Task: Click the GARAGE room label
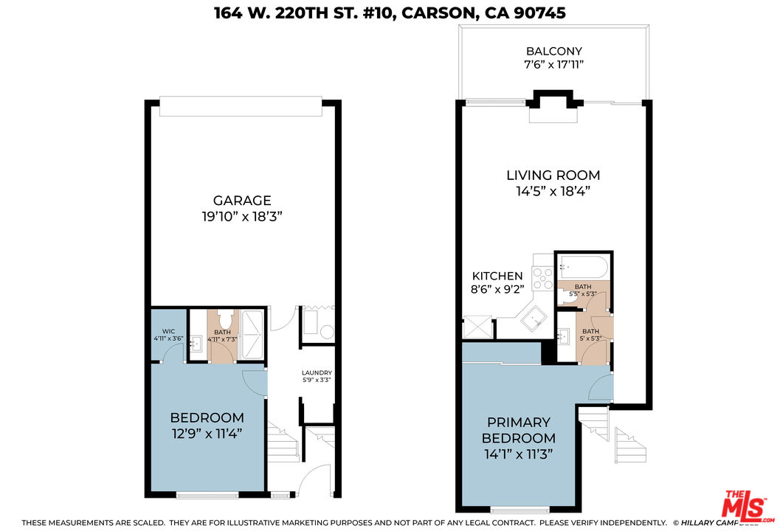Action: point(242,201)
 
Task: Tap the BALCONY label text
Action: point(553,52)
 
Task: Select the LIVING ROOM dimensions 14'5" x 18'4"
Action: point(553,191)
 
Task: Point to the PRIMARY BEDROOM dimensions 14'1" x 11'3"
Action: point(518,453)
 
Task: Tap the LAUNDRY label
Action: point(317,373)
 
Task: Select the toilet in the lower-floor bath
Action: point(224,322)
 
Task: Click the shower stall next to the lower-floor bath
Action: point(252,335)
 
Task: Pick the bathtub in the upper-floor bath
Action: point(583,265)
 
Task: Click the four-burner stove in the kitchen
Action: point(544,277)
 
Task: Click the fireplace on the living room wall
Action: point(553,108)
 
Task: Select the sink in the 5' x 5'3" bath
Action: point(564,338)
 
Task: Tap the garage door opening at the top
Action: point(241,106)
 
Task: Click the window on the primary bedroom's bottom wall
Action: point(520,510)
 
